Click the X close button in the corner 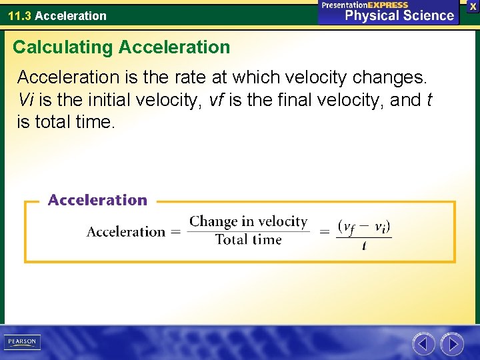click(473, 5)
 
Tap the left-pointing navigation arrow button click(423, 344)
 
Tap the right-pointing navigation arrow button click(452, 344)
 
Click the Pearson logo click(22, 342)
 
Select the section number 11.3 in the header click(19, 15)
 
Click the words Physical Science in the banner click(399, 15)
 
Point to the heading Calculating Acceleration click(121, 47)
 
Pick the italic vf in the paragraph click(216, 100)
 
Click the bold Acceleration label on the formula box click(97, 200)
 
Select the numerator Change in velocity click(248, 222)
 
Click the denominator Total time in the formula click(248, 239)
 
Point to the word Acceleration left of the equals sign click(126, 232)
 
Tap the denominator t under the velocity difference click(364, 246)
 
